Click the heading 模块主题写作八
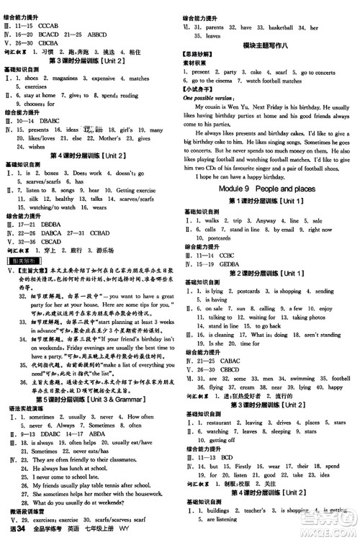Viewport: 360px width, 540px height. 270,44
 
